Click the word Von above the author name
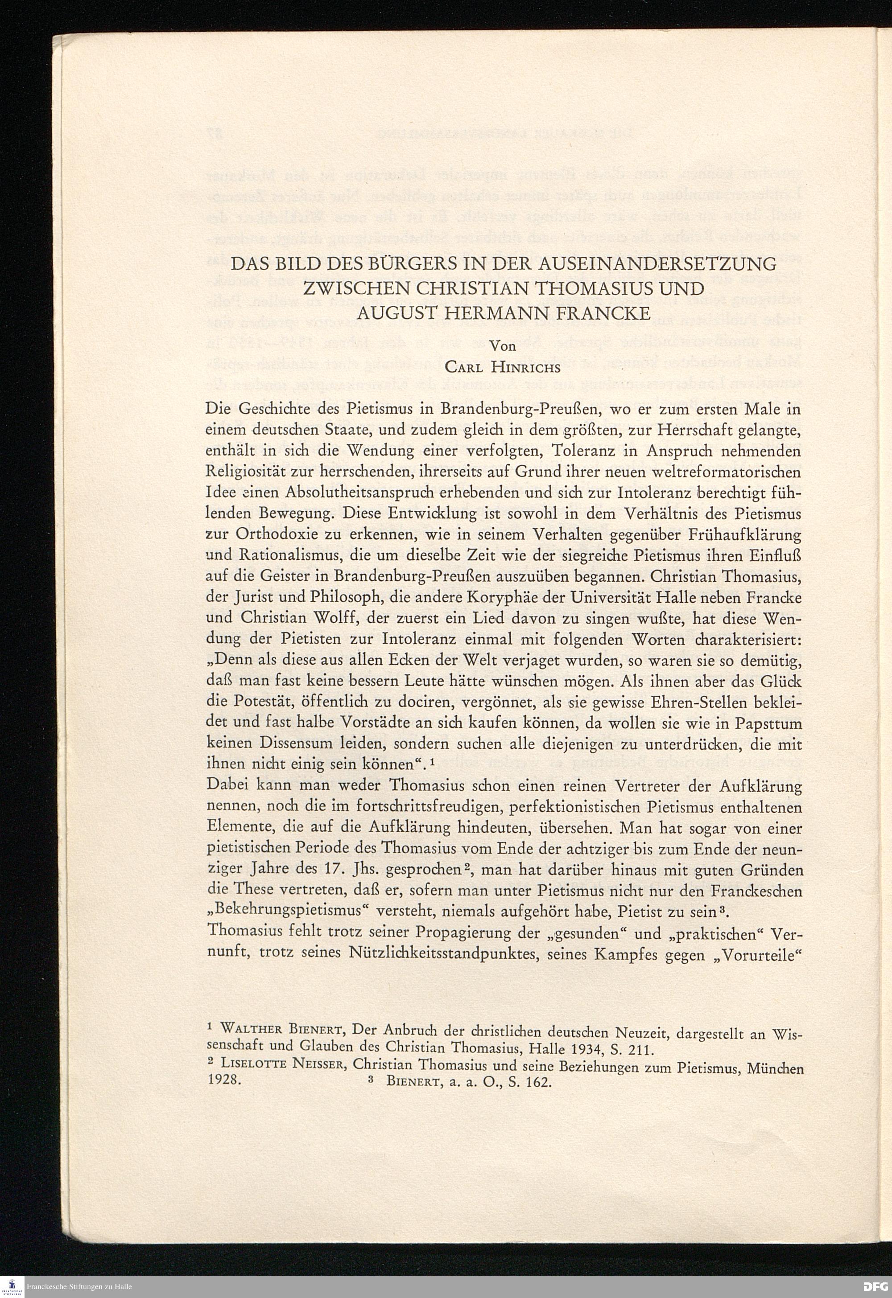click(502, 346)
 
